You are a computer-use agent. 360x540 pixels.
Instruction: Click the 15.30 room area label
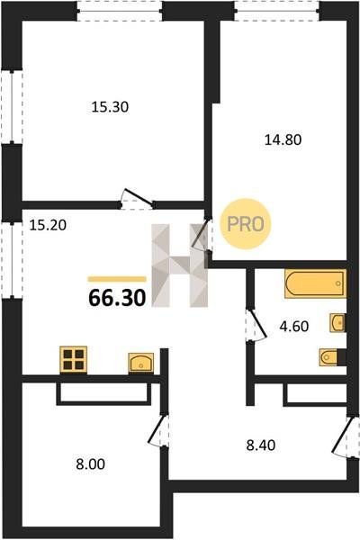pyautogui.click(x=110, y=107)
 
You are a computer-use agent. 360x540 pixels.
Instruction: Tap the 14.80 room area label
pyautogui.click(x=283, y=139)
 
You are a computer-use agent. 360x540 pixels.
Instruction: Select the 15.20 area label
pyautogui.click(x=48, y=226)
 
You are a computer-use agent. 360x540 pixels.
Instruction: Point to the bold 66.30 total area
pyautogui.click(x=117, y=298)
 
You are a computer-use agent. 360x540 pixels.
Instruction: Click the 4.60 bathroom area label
pyautogui.click(x=294, y=326)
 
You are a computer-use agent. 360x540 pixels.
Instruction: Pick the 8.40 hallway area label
pyautogui.click(x=261, y=445)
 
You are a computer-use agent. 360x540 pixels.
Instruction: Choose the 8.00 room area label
pyautogui.click(x=90, y=463)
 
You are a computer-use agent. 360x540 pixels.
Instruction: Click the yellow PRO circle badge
pyautogui.click(x=246, y=224)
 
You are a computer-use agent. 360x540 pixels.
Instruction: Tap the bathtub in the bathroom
pyautogui.click(x=315, y=283)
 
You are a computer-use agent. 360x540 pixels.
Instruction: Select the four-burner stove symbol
pyautogui.click(x=74, y=359)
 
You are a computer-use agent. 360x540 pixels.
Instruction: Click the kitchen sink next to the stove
pyautogui.click(x=141, y=363)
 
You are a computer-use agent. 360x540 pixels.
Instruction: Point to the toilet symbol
pyautogui.click(x=329, y=357)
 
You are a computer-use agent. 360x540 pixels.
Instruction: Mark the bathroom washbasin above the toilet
pyautogui.click(x=337, y=323)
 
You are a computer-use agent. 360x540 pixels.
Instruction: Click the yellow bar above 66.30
pyautogui.click(x=117, y=279)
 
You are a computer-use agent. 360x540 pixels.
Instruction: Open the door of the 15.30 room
pyautogui.click(x=137, y=199)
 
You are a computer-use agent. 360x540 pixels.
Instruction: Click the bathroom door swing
pyautogui.click(x=256, y=325)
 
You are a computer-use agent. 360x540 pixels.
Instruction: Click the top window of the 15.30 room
pyautogui.click(x=119, y=11)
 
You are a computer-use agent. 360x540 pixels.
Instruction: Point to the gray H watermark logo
pyautogui.click(x=180, y=265)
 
